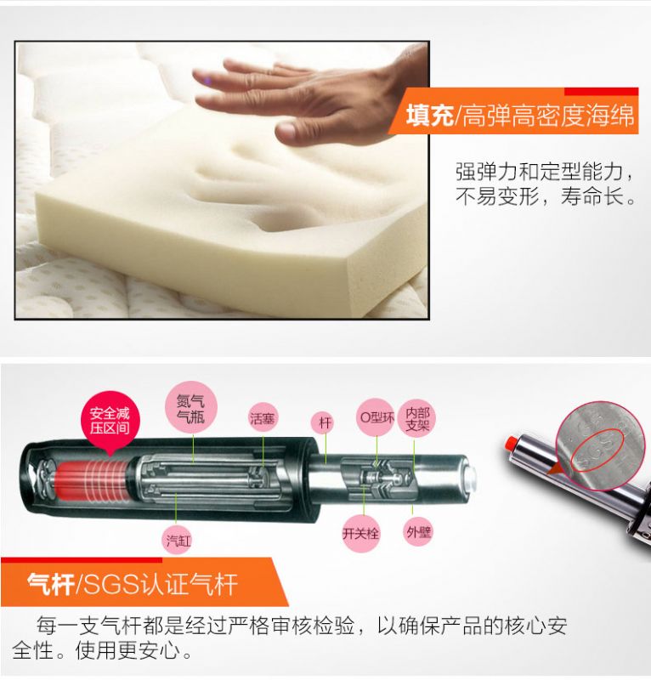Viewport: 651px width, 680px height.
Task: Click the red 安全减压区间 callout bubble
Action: [x=110, y=420]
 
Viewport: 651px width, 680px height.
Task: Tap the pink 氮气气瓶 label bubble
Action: [x=191, y=408]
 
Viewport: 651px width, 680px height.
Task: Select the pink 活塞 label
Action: [x=263, y=418]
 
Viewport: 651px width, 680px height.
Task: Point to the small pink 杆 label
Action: [x=325, y=422]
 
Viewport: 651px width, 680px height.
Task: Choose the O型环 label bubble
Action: [x=376, y=417]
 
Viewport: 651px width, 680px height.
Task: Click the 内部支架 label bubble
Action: [x=417, y=418]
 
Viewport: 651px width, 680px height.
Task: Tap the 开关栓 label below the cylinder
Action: [x=360, y=533]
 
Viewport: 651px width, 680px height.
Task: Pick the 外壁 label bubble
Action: [x=418, y=532]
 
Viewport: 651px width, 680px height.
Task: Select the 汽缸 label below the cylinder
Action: [x=178, y=541]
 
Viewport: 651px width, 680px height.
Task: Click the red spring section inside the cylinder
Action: [x=92, y=480]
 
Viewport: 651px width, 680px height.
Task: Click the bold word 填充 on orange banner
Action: [x=429, y=116]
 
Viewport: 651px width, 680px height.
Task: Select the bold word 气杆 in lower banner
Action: [x=51, y=584]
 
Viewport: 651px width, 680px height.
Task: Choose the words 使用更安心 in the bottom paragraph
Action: [x=127, y=650]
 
